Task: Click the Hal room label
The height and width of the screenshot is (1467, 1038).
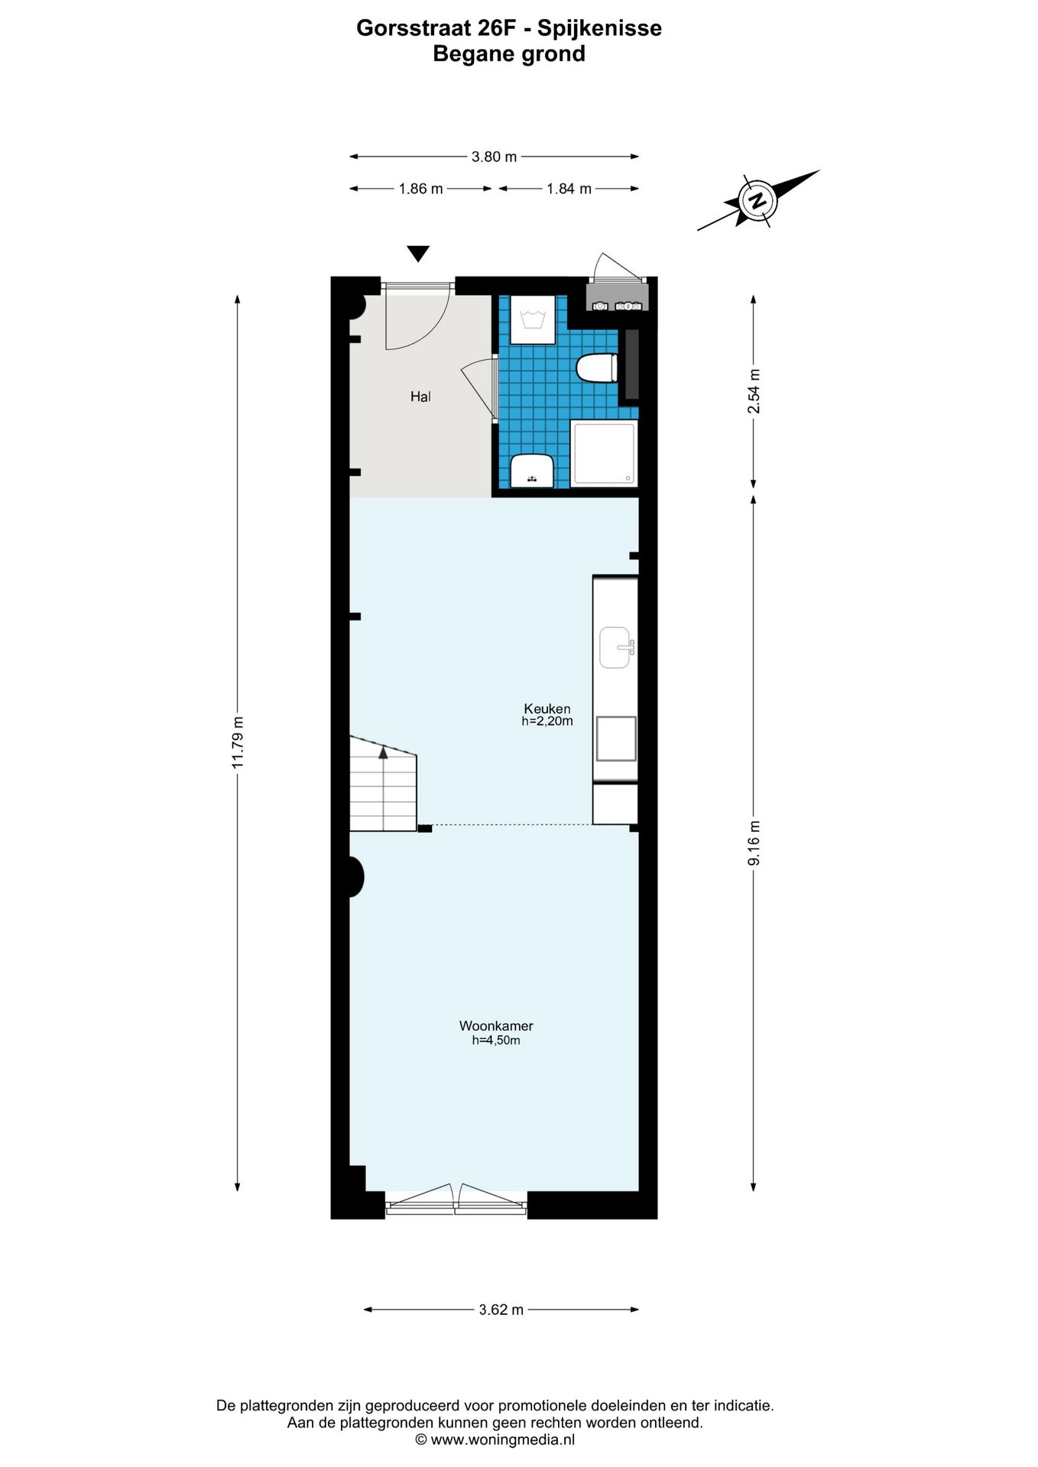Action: click(x=420, y=397)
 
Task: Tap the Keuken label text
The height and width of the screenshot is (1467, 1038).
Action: click(x=547, y=708)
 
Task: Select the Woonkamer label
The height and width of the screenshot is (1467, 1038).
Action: click(x=496, y=1026)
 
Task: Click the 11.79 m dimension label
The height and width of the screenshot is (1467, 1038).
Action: click(x=238, y=740)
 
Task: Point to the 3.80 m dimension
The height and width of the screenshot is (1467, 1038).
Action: click(x=494, y=157)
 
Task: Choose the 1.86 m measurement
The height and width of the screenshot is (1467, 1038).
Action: click(x=420, y=189)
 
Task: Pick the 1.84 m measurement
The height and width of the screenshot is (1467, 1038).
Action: click(x=569, y=189)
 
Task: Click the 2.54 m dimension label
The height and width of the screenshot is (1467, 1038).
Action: click(x=754, y=391)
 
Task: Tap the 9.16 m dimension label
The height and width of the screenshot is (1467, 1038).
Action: click(x=754, y=843)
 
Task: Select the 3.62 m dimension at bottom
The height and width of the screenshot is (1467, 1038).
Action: click(x=501, y=1310)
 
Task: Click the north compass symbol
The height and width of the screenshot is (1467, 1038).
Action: click(x=757, y=201)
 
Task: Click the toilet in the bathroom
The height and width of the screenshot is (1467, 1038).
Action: click(x=596, y=368)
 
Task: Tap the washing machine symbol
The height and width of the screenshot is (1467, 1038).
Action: click(x=533, y=319)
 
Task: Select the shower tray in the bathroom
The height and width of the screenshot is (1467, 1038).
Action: click(x=604, y=452)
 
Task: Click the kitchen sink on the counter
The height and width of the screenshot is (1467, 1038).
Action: click(x=615, y=648)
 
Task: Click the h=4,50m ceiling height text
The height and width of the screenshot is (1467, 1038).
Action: click(x=496, y=1040)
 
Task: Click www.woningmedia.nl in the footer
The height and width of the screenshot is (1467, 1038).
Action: click(x=502, y=1439)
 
